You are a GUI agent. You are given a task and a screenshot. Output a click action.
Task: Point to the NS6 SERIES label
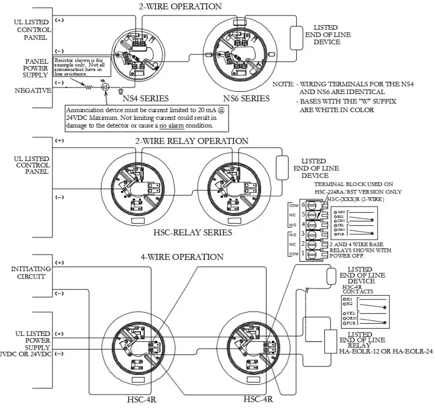(x=247, y=98)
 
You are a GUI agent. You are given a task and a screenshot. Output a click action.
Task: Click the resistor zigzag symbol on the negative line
(x=88, y=86)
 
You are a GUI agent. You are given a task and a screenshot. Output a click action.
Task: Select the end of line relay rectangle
(x=331, y=341)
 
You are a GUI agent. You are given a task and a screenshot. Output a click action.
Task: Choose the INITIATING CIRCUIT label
(x=30, y=273)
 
